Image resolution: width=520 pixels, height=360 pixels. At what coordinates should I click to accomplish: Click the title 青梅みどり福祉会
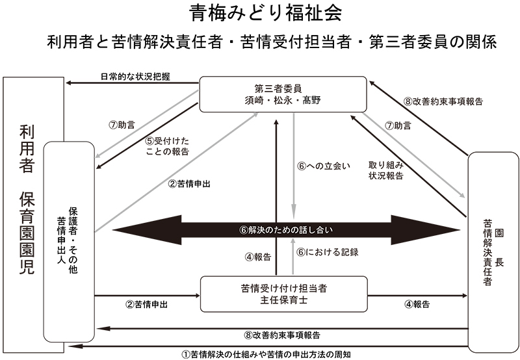[259, 13]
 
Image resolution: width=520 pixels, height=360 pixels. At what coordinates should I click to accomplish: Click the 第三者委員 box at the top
[279, 94]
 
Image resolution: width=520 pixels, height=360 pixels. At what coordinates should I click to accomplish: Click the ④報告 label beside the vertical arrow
[258, 256]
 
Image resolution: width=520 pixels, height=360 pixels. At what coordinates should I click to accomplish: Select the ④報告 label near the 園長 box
[418, 304]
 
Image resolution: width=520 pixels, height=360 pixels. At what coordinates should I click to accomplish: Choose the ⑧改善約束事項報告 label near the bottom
[281, 335]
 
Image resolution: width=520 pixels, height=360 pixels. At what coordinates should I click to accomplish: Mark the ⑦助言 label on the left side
[121, 123]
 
